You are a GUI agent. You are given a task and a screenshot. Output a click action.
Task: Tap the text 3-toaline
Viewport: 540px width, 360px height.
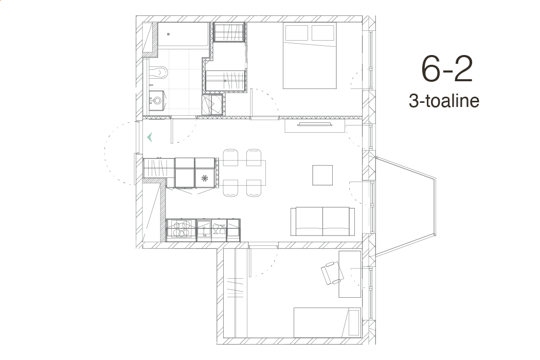(x=444, y=101)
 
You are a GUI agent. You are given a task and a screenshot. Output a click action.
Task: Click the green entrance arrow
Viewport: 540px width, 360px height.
(x=150, y=137)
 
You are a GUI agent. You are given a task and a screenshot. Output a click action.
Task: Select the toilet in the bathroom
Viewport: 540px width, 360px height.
(x=158, y=71)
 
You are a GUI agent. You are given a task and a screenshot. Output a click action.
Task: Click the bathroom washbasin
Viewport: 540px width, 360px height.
(x=157, y=101)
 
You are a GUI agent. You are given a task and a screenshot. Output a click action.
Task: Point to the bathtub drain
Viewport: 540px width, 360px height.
(x=168, y=34)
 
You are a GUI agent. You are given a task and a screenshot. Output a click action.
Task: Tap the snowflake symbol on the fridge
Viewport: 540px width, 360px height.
(x=205, y=178)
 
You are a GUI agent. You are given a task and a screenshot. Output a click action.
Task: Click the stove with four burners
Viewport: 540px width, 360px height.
(x=182, y=229)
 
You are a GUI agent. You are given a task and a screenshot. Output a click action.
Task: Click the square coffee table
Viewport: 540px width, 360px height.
(x=322, y=175)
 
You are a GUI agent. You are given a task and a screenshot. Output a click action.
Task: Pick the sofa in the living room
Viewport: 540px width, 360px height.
(x=322, y=222)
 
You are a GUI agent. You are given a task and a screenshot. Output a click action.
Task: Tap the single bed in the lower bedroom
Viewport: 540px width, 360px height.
(x=327, y=322)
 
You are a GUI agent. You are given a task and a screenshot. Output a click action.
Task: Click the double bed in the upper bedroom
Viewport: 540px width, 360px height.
(x=309, y=56)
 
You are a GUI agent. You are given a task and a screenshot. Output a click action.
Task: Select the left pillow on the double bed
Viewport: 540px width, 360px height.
(x=297, y=33)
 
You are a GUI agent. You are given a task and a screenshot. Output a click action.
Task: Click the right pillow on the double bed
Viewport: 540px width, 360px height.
(x=322, y=33)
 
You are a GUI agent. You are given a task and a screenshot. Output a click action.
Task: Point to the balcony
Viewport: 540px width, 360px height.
(x=405, y=207)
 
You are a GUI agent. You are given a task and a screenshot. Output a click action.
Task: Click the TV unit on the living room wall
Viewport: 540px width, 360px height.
(x=315, y=125)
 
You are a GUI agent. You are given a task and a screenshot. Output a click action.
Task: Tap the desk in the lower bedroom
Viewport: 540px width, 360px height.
(x=350, y=274)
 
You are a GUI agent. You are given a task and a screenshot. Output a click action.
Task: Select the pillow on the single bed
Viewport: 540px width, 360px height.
(x=354, y=322)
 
